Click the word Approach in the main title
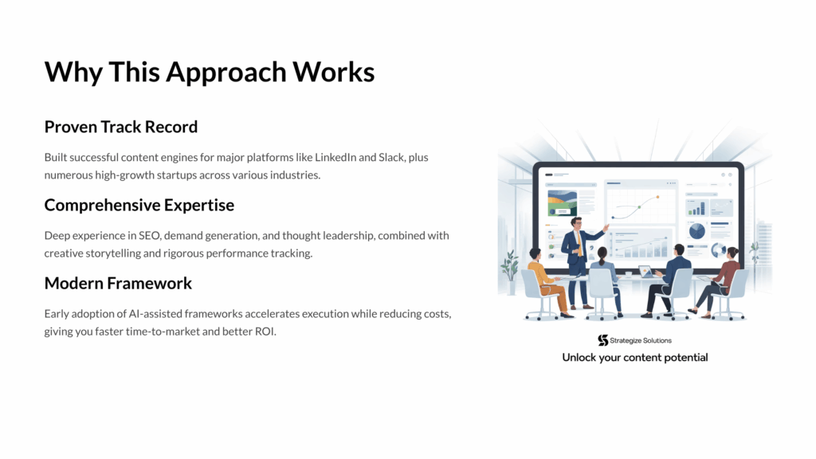coord(226,73)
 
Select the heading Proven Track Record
coord(121,127)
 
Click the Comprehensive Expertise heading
coord(139,206)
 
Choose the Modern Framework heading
coord(118,284)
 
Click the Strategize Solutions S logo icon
coord(602,340)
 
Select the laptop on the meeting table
coord(645,272)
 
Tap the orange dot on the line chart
coord(657,198)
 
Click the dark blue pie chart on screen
coord(696,230)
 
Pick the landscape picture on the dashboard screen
coord(562,203)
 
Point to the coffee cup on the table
coord(629,274)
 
